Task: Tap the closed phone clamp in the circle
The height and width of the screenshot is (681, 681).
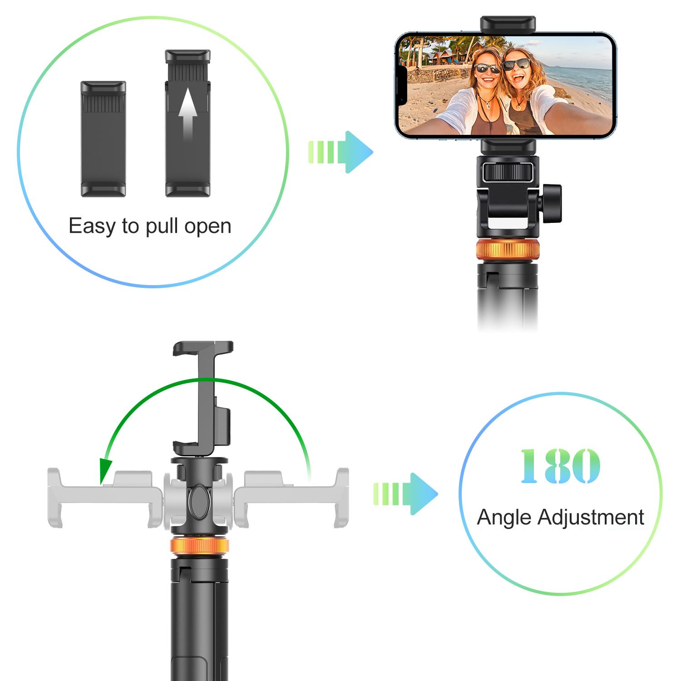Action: (x=103, y=138)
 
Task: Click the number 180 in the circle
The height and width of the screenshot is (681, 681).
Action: (x=560, y=466)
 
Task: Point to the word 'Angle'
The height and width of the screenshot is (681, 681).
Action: (x=503, y=518)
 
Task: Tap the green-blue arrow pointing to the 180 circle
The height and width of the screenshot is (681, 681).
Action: (x=406, y=494)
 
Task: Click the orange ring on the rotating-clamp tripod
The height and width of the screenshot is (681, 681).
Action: (x=199, y=546)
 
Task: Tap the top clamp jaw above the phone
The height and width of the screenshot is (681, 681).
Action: (x=508, y=24)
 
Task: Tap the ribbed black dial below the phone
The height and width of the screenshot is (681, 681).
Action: (x=508, y=173)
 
